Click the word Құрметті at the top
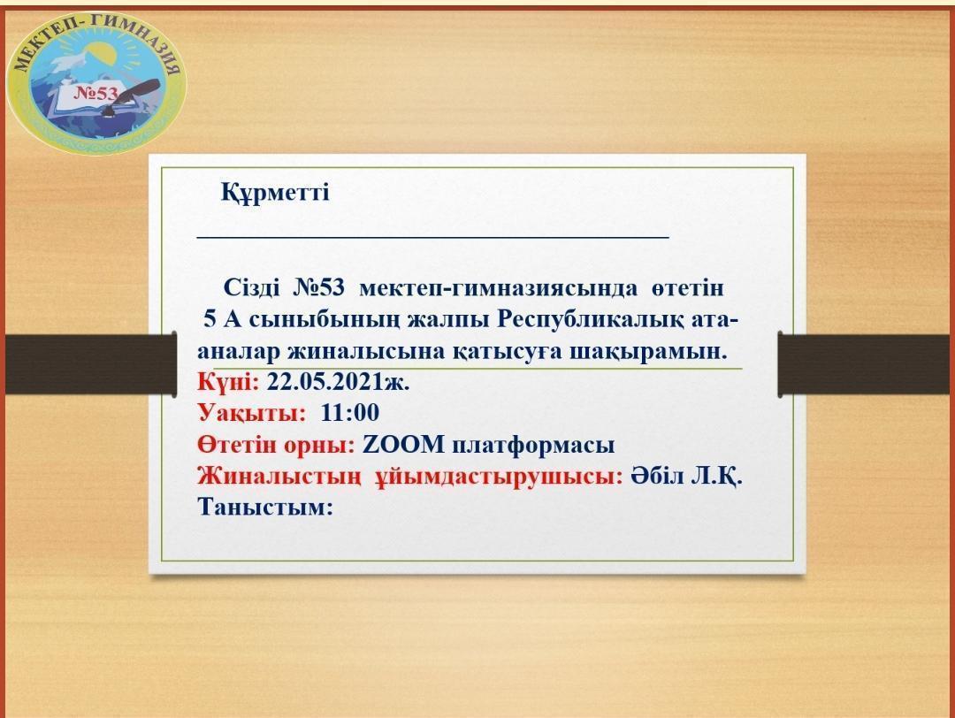(275, 193)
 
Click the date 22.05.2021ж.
(338, 382)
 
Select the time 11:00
(349, 413)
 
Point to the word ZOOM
(403, 445)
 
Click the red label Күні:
(228, 383)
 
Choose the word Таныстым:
(265, 507)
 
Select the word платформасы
(533, 446)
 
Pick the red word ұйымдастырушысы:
(498, 477)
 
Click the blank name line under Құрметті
(433, 236)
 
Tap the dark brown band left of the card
(91, 364)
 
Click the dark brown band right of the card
(865, 364)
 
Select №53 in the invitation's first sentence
(318, 287)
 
